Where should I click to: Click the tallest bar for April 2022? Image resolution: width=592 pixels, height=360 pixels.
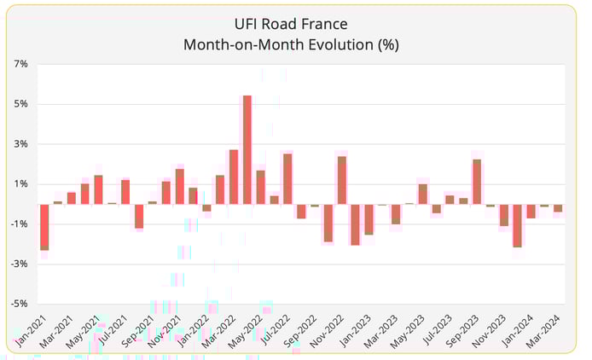[x=247, y=150]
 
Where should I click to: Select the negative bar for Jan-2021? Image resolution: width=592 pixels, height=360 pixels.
[x=44, y=227]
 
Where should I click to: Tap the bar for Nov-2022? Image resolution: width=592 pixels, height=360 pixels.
[x=341, y=180]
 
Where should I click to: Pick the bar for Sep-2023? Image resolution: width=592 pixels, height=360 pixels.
[x=477, y=182]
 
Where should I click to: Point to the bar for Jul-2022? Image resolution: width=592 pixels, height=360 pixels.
[x=287, y=179]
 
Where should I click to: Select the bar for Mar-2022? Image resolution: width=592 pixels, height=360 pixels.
[x=234, y=177]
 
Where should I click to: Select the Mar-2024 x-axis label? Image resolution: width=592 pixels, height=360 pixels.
[x=546, y=329]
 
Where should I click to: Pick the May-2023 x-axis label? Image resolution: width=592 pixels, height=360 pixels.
[x=410, y=330]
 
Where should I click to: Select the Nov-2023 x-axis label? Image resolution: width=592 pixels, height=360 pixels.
[x=491, y=330]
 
